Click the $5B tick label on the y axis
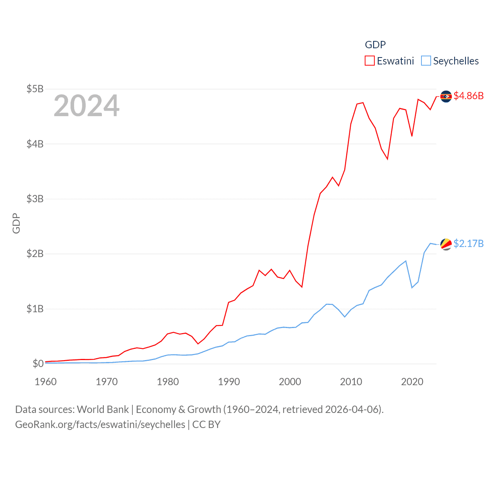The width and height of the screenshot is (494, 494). [35, 89]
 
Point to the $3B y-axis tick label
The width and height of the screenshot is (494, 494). [35, 199]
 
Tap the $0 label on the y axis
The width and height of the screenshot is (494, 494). [38, 364]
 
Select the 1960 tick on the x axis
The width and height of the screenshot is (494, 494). [46, 382]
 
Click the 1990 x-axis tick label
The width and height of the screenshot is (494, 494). [229, 382]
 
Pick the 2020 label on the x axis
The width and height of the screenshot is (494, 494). [412, 382]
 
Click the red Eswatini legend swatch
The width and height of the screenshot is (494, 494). [370, 61]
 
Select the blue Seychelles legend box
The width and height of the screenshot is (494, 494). [426, 61]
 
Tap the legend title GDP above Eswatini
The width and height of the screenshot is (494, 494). [375, 45]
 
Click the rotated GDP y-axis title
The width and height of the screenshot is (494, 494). [16, 223]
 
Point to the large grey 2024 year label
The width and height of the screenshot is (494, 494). [86, 106]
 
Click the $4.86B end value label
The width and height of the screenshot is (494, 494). [469, 96]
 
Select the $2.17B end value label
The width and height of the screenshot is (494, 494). [469, 244]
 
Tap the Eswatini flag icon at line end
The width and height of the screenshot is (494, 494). [446, 96]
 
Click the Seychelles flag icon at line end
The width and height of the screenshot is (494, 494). [446, 244]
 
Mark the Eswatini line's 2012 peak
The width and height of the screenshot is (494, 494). [363, 103]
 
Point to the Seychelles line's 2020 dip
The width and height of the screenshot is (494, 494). [412, 288]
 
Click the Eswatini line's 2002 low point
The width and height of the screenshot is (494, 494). [302, 287]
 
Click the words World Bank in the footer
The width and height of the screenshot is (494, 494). [103, 409]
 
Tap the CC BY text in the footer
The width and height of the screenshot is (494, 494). [206, 425]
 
